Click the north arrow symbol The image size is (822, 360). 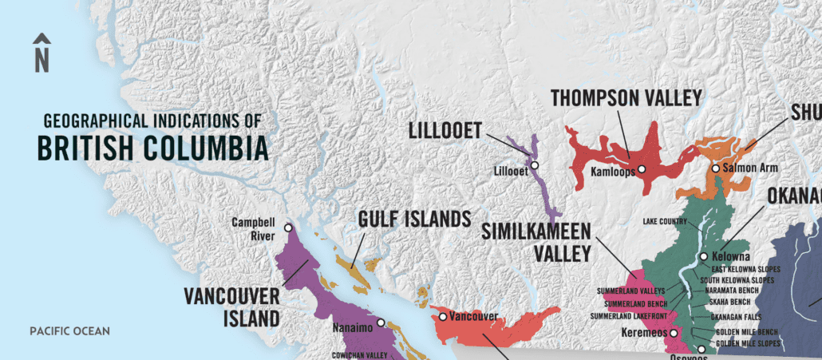pyautogui.click(x=41, y=53)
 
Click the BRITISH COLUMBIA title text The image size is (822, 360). pyautogui.click(x=152, y=148)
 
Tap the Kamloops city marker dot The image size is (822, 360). pyautogui.click(x=641, y=169)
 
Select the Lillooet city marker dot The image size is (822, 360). pyautogui.click(x=535, y=165)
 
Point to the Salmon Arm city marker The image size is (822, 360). pyautogui.click(x=715, y=168)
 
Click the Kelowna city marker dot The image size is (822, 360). pyautogui.click(x=704, y=256)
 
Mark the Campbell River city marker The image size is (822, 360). pyautogui.click(x=288, y=228)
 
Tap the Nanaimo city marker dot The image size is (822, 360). pyautogui.click(x=381, y=322)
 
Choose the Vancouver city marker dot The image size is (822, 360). pyautogui.click(x=442, y=317)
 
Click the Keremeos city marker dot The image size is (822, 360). pyautogui.click(x=674, y=333)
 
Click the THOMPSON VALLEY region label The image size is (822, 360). pyautogui.click(x=626, y=98)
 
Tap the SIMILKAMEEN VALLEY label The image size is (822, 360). pyautogui.click(x=536, y=243)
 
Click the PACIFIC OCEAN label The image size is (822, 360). pyautogui.click(x=69, y=330)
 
